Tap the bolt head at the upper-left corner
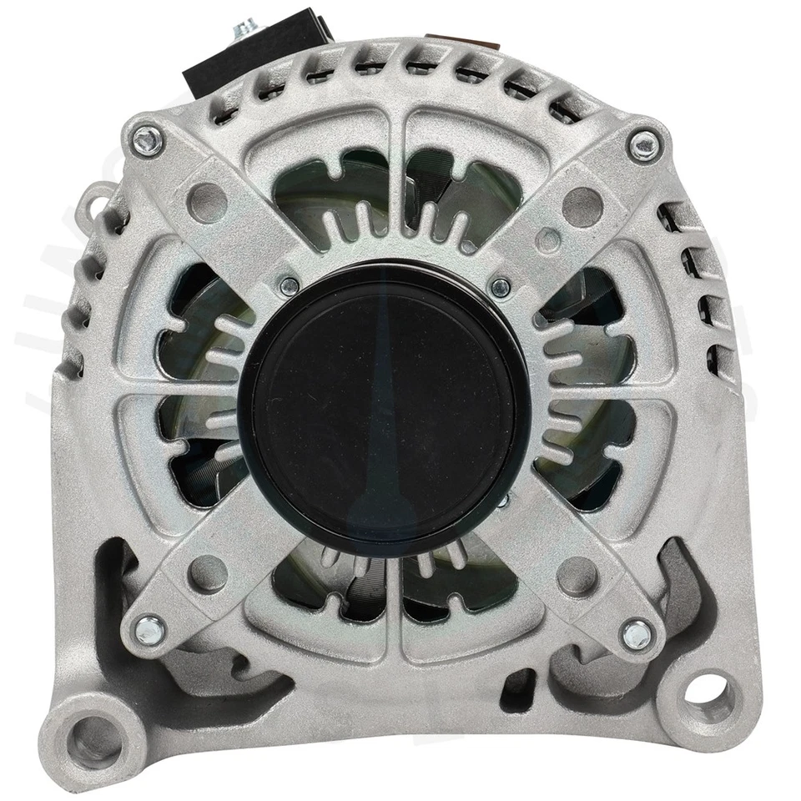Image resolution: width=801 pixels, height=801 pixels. (149, 135)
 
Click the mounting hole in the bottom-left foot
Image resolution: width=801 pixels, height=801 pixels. (89, 733)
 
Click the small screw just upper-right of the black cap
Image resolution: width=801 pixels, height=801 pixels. (501, 288)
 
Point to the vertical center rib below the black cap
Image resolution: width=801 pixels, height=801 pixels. (395, 617)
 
